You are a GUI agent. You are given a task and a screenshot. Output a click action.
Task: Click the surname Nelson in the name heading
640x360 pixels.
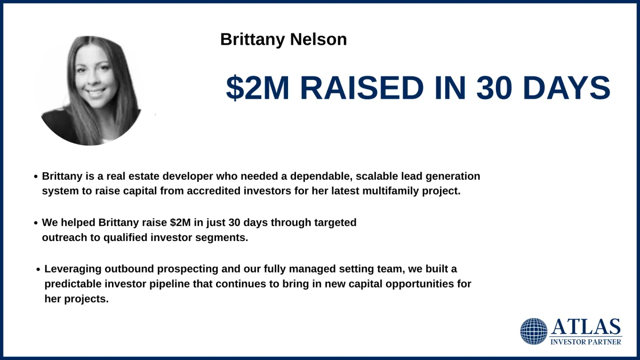tap(318, 39)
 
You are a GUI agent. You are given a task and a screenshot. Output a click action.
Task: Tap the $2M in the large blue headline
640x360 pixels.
tap(258, 87)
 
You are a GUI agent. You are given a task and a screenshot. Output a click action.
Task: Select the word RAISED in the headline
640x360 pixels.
tap(362, 87)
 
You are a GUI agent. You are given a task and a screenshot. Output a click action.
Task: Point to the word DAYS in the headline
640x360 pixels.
tap(567, 87)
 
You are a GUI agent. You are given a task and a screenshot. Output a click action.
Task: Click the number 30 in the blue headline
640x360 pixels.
tap(494, 87)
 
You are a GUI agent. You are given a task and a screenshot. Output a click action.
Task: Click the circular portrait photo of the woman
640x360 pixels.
tap(91, 91)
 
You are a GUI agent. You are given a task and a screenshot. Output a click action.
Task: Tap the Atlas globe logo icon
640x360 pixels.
tap(534, 331)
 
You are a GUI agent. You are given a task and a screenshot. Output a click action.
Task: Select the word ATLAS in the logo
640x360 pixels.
tap(586, 326)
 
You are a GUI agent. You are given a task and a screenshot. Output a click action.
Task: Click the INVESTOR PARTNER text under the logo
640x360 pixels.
tap(586, 342)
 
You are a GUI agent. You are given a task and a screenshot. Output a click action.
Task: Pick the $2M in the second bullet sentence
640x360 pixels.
tap(180, 222)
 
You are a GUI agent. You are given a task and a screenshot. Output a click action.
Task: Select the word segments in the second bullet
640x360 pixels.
tap(221, 238)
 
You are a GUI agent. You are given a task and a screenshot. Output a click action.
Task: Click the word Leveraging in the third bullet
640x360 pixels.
tap(73, 269)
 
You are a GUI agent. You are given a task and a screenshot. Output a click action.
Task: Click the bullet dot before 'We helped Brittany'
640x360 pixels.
tap(36, 223)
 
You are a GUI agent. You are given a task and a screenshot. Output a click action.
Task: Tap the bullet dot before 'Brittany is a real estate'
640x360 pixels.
tap(36, 177)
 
